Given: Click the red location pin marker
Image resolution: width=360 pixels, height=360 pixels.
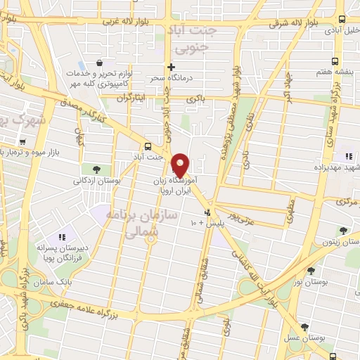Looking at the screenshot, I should (181, 165).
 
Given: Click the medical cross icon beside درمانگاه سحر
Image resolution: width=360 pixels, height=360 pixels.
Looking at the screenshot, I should (171, 67).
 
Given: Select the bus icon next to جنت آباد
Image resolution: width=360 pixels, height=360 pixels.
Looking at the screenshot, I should (147, 146).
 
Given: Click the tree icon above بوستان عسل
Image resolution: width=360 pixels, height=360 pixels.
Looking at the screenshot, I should (304, 327).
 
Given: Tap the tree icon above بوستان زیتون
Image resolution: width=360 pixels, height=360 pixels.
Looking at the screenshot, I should (342, 230).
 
